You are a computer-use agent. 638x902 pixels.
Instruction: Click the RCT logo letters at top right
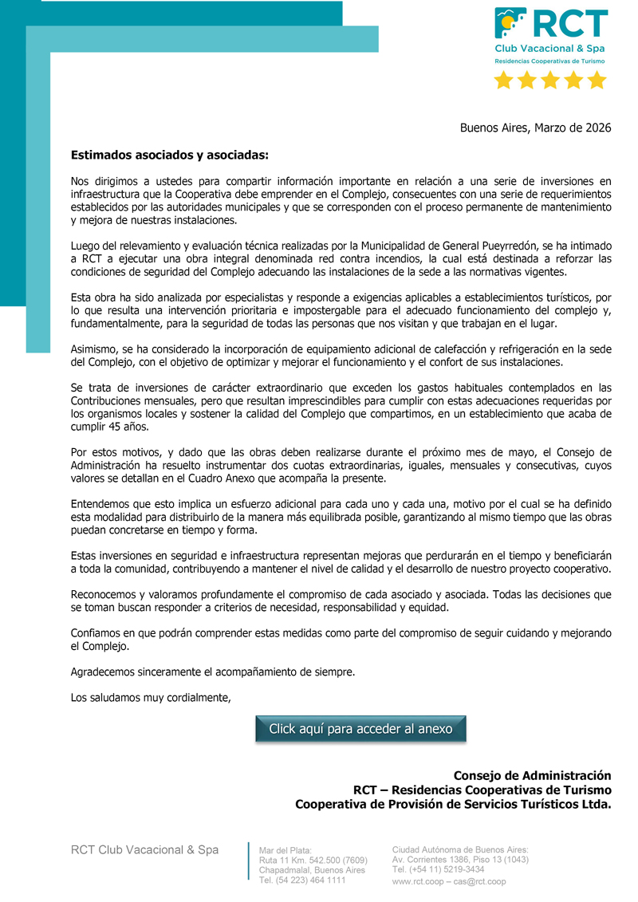pos(569,24)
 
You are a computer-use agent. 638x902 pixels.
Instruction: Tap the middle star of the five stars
pos(550,80)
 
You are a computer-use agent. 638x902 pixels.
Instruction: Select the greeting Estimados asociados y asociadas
pos(169,155)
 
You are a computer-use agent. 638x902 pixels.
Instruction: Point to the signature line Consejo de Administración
pos(532,775)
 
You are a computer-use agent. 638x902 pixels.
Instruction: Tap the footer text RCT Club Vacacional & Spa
pos(144,850)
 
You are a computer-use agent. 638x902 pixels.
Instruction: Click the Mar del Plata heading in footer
pos(286,850)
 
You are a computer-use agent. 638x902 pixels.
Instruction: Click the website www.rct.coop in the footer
pos(419,881)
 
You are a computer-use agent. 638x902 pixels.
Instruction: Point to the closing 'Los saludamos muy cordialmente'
pos(151,698)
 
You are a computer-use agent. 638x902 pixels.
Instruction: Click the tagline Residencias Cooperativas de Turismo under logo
pos(549,61)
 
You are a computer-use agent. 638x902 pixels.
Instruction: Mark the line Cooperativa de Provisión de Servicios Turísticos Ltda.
pos(453,804)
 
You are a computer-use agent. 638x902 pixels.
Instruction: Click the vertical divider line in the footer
pos(249,861)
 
